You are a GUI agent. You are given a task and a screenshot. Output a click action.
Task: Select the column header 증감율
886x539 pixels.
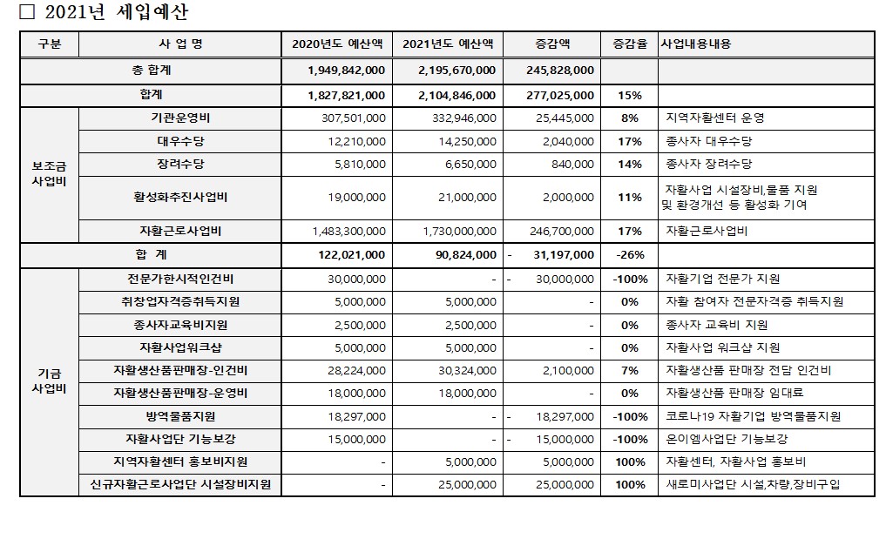(x=629, y=44)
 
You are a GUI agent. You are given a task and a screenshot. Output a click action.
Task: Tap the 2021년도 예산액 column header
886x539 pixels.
(x=447, y=44)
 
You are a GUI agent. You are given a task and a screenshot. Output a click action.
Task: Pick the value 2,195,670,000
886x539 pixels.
(x=457, y=71)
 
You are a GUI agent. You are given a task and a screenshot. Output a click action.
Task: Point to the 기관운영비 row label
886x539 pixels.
(x=179, y=118)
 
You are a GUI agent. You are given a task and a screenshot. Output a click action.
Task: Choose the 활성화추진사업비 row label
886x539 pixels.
(x=179, y=198)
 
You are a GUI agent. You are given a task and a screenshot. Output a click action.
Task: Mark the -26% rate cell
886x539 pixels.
(x=629, y=255)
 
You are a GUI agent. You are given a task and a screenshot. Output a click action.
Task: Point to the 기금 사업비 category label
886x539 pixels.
(x=50, y=381)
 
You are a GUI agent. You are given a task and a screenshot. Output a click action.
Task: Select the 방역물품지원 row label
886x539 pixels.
(x=179, y=416)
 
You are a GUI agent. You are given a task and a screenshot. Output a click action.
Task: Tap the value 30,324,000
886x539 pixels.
(x=467, y=371)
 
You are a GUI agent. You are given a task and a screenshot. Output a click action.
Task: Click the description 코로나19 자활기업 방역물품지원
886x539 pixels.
(x=753, y=416)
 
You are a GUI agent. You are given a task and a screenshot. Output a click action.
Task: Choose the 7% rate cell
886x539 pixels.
(x=629, y=371)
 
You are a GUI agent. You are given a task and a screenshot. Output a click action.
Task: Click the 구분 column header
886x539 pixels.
(x=50, y=44)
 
